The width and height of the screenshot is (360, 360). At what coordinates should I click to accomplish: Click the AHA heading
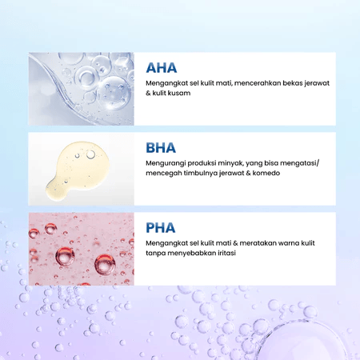(x=162, y=67)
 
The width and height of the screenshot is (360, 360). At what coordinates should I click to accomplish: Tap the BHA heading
(x=162, y=147)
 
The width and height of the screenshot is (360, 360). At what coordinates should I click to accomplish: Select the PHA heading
(x=161, y=227)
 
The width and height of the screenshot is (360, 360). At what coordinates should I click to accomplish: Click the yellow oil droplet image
(x=81, y=169)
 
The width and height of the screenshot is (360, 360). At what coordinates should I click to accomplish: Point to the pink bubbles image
(x=81, y=249)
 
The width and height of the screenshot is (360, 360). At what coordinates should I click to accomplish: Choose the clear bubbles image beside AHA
(x=81, y=89)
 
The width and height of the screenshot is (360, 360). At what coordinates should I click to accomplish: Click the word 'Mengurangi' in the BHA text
(x=165, y=163)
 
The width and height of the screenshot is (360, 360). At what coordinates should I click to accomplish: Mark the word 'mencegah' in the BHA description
(x=164, y=173)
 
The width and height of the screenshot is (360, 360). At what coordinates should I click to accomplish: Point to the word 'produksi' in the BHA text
(x=198, y=163)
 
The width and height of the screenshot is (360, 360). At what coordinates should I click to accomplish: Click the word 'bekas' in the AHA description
(x=285, y=83)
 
